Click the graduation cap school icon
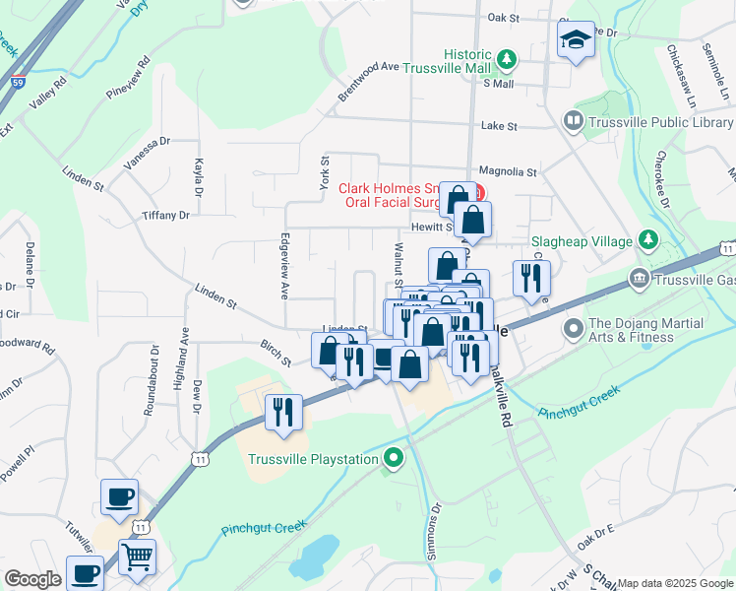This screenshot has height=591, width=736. click(577, 41)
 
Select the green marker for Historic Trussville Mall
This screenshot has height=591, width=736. click(507, 60)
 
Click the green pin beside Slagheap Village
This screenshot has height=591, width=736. click(648, 240)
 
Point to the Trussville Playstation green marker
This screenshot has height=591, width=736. click(395, 458)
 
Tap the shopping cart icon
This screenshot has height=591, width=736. click(137, 557)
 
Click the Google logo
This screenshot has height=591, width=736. click(32, 579)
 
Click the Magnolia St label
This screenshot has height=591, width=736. click(507, 171)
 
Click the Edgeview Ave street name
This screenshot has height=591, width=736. click(284, 266)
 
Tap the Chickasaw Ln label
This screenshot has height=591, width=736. click(678, 76)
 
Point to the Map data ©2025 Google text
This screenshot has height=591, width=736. click(675, 583)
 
